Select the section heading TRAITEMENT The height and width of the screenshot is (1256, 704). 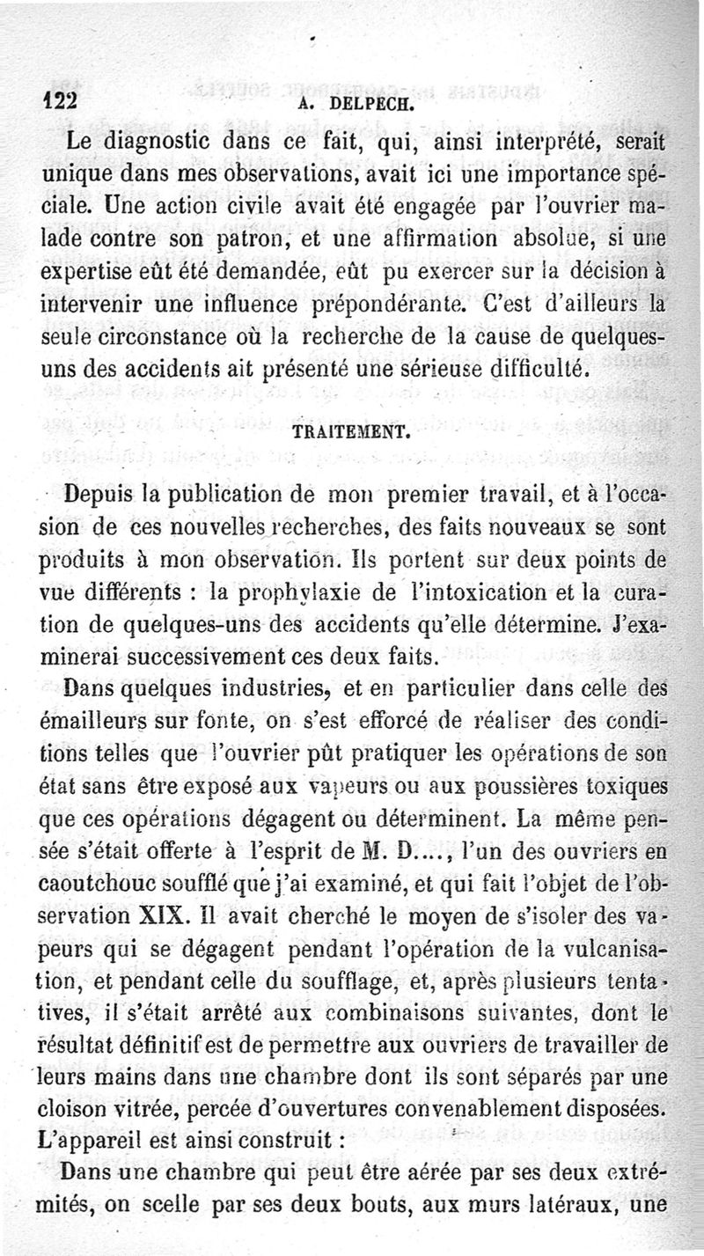pos(351,434)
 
